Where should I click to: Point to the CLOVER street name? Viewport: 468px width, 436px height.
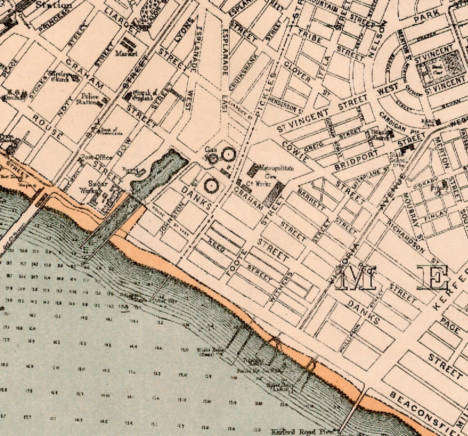(297, 71)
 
